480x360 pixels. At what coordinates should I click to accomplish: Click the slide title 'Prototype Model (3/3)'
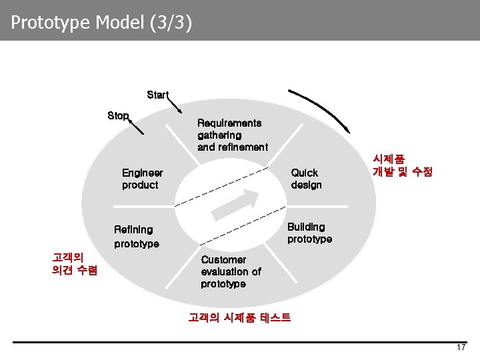click(102, 23)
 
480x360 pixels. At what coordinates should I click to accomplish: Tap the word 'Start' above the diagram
click(157, 95)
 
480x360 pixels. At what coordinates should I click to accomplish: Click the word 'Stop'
click(118, 115)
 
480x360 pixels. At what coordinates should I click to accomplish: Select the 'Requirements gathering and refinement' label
click(232, 135)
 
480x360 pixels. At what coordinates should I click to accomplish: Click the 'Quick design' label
click(306, 179)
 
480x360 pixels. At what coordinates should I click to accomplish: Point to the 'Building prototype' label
click(309, 233)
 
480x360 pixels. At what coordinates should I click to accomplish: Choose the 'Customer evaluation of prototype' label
click(231, 271)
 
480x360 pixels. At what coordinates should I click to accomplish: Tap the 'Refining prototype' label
click(137, 237)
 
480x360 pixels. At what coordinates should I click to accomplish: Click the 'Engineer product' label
click(142, 179)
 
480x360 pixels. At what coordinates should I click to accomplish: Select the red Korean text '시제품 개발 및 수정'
click(403, 165)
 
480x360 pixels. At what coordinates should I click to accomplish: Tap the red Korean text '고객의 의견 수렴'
click(75, 263)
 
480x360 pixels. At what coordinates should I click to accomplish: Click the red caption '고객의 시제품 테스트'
click(239, 317)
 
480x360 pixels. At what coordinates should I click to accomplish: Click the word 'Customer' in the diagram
click(223, 259)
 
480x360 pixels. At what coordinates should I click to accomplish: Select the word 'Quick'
click(304, 173)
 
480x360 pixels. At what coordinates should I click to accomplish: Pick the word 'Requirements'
click(229, 123)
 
